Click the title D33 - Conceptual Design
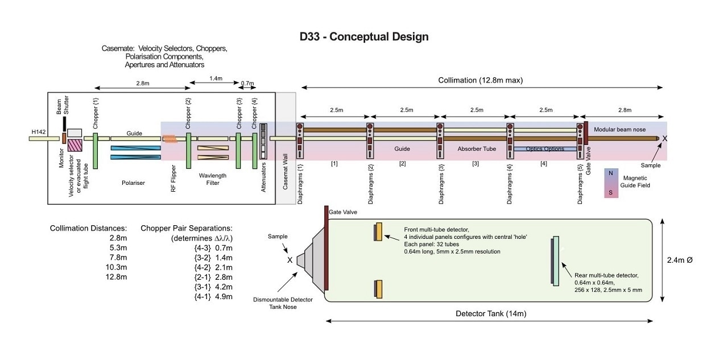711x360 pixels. tap(364, 37)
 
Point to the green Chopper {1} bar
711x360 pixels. tap(96, 150)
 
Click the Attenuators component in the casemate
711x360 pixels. tap(263, 141)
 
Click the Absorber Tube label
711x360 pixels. tap(476, 148)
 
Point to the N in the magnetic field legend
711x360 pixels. tap(611, 173)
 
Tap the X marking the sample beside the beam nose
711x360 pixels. tap(665, 138)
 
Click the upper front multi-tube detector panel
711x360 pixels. tap(378, 232)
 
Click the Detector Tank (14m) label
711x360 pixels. tap(489, 313)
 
